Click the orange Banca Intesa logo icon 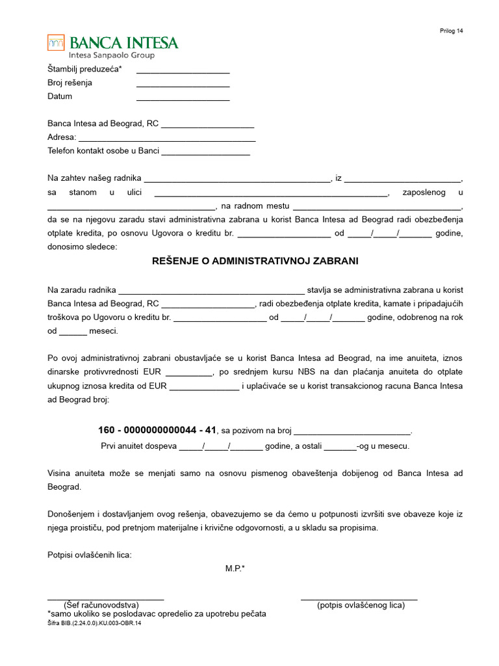point(56,43)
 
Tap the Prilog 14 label point(451,31)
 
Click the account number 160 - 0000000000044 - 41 point(157,430)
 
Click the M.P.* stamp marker point(235,568)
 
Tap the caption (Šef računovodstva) point(105,606)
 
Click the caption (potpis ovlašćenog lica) point(361,606)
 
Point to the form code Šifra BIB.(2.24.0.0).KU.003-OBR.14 point(94,623)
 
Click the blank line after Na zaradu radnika point(211,291)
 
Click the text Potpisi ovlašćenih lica point(90,555)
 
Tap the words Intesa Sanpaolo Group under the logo point(112,55)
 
